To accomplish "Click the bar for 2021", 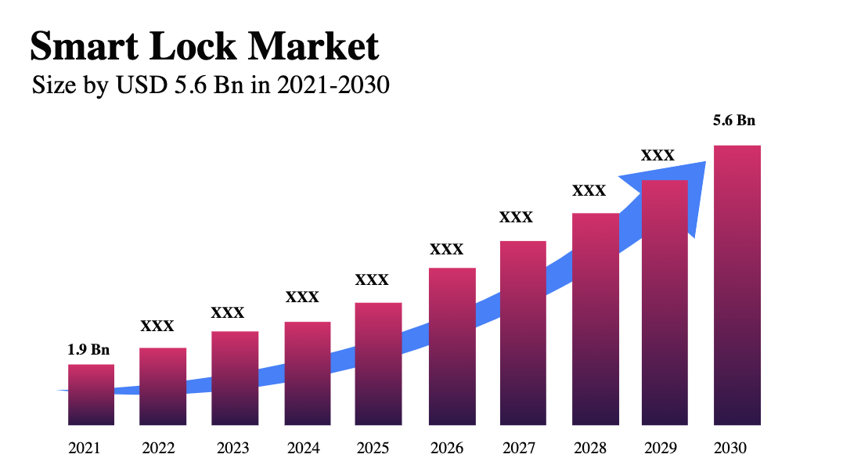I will point(91,395).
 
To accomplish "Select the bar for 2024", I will point(308,373).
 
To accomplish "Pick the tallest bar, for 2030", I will point(737,285).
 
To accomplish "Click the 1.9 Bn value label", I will point(88,350).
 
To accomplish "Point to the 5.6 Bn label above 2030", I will point(733,121).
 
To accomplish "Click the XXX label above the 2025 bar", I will point(372,279).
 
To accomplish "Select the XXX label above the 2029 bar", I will point(657,156).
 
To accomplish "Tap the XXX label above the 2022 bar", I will point(157,326).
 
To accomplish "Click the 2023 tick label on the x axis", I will point(232,449).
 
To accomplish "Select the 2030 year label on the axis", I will point(731,449).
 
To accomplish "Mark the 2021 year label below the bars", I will point(85,449).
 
